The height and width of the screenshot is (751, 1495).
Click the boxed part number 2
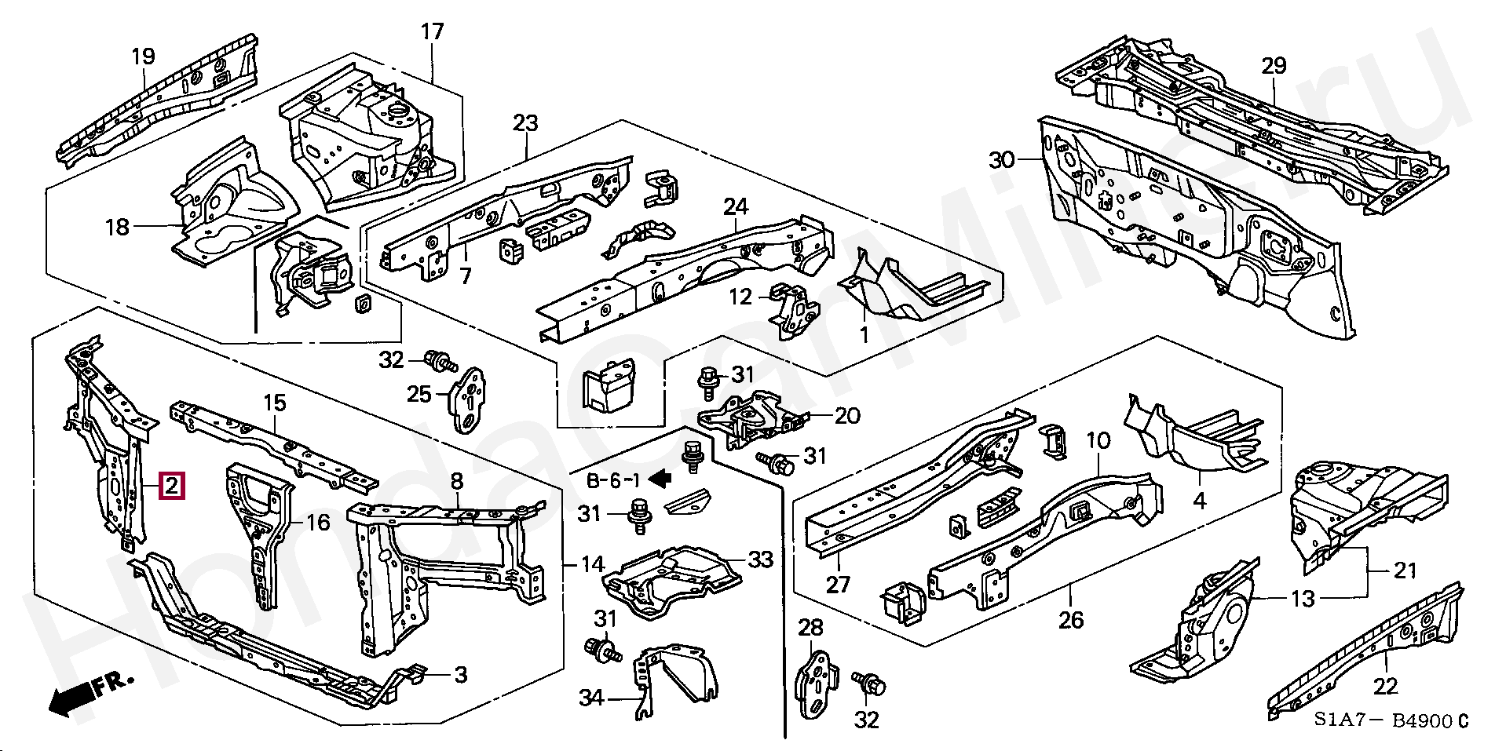pos(172,487)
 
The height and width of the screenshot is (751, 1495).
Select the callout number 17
pos(432,32)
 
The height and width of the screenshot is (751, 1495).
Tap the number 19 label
pos(143,57)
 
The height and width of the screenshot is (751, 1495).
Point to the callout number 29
pos(1274,66)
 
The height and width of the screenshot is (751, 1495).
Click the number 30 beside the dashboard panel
pos(1003,161)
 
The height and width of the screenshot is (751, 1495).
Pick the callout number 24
pos(736,207)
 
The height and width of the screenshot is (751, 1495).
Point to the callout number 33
pos(760,560)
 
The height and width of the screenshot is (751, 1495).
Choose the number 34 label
pos(591,696)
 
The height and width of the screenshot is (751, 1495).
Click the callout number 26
pos(1070,620)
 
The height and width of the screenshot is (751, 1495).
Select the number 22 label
pos(1385,687)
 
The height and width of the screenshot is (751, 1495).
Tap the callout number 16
pos(317,522)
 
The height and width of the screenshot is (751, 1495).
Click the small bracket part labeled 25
pos(470,399)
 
